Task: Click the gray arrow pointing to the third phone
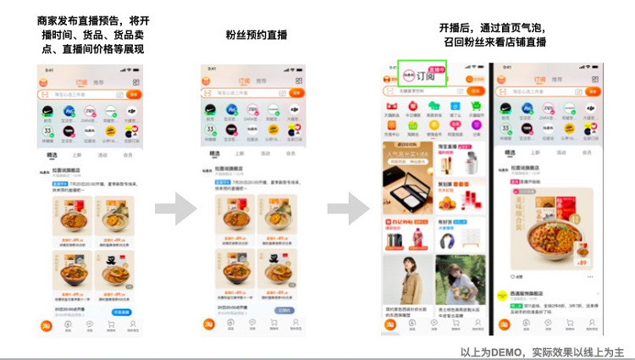pyautogui.click(x=345, y=208)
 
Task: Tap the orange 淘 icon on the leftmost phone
pyautogui.click(x=45, y=324)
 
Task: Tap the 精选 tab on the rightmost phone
pyautogui.click(x=511, y=152)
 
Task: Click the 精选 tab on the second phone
pyautogui.click(x=216, y=154)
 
